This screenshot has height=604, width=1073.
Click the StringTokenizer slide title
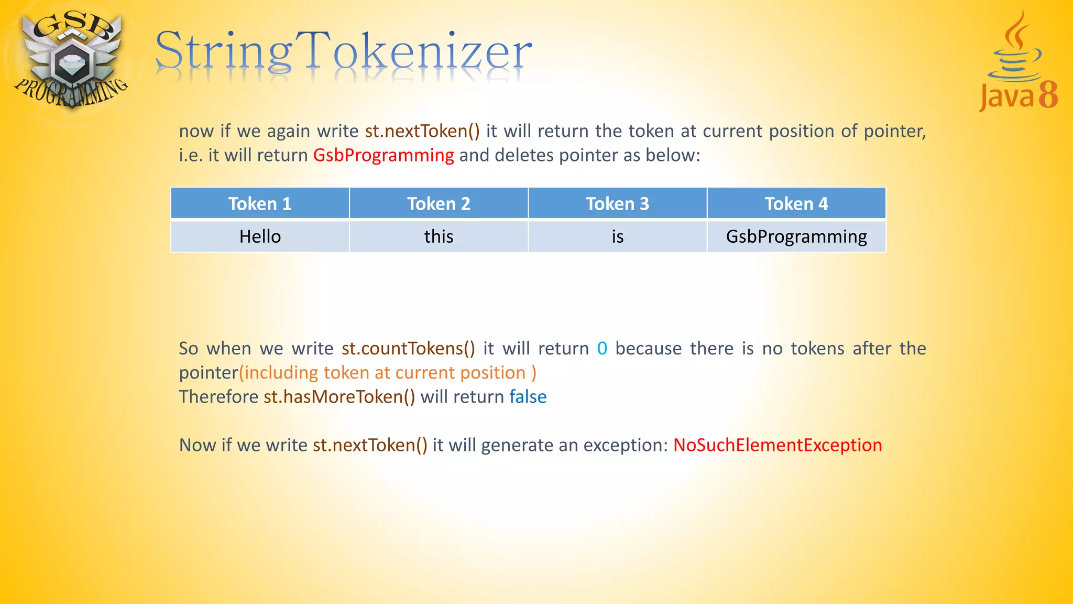click(x=343, y=51)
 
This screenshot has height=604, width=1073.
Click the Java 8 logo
click(x=1018, y=63)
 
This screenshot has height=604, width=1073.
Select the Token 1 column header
click(x=260, y=203)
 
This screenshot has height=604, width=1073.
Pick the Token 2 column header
click(x=439, y=203)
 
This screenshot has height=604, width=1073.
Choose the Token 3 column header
click(x=617, y=203)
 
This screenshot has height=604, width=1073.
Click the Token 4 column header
click(x=796, y=203)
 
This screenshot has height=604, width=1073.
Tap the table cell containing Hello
click(x=260, y=236)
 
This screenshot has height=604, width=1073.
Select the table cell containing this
click(x=439, y=236)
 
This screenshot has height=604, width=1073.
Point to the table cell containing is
click(x=617, y=236)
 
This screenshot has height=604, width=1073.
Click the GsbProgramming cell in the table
click(x=796, y=236)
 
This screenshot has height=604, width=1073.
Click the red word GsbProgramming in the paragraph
click(x=384, y=155)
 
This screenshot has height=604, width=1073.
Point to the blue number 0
click(x=602, y=349)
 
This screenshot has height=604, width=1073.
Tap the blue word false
click(x=528, y=397)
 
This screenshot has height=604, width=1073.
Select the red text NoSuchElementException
click(x=778, y=445)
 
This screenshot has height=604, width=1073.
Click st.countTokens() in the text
click(x=408, y=349)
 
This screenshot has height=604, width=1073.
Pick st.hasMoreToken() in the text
click(x=339, y=397)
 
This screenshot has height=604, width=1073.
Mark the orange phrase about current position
click(x=388, y=373)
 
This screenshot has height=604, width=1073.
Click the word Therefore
click(x=218, y=397)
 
